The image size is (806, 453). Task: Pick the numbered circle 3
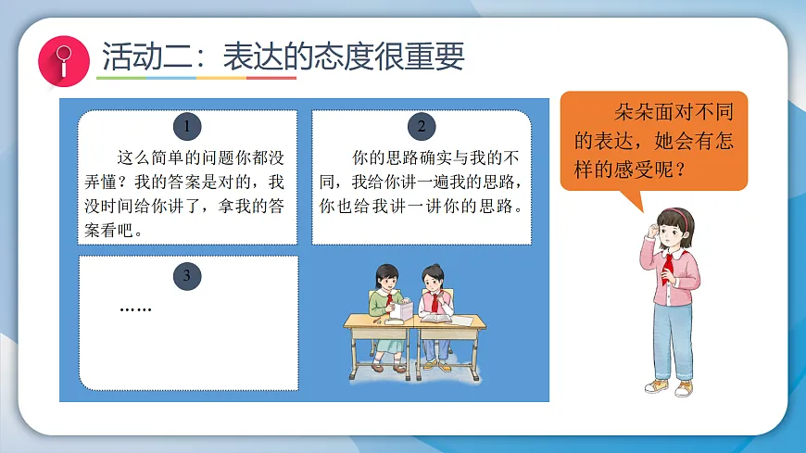pos(187,275)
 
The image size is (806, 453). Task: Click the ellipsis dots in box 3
pos(136,308)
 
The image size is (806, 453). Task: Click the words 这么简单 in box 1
pos(151,156)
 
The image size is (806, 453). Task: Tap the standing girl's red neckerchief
pos(668,268)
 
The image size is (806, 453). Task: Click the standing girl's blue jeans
pos(672,338)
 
